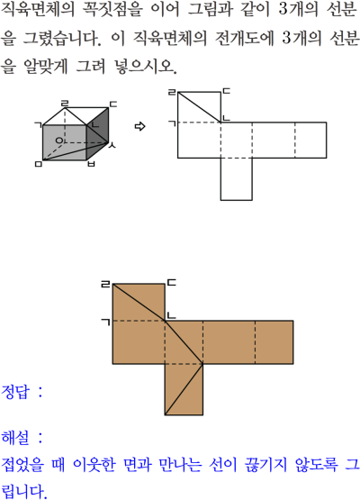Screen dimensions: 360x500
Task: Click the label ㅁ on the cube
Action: pos(38,164)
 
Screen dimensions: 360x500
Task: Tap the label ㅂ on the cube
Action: pos(91,164)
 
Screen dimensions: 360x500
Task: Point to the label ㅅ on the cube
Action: pos(112,146)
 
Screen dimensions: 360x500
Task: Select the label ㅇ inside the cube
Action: pos(59,140)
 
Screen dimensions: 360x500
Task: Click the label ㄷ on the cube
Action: pos(113,105)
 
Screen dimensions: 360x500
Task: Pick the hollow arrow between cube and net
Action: pos(139,127)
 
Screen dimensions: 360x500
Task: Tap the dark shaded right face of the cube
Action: pos(97,134)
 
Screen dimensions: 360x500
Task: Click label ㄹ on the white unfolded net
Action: pos(173,93)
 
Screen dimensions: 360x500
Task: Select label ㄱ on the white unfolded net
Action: pos(172,123)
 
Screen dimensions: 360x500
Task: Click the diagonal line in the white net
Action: pos(199,107)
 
